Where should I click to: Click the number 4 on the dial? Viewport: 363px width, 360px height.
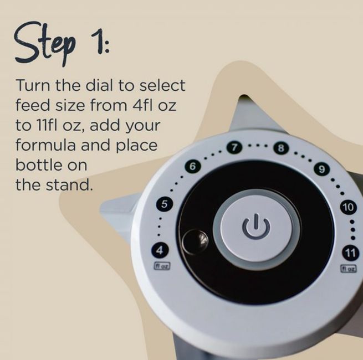click(160, 250)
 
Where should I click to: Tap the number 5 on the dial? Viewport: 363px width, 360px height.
click(164, 204)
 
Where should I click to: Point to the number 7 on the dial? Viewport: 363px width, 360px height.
click(234, 147)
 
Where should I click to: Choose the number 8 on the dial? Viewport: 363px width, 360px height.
click(281, 148)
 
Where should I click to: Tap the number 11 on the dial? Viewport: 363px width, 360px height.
click(350, 253)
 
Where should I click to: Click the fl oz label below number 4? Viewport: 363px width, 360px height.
click(162, 266)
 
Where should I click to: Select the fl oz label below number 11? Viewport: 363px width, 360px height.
click(348, 269)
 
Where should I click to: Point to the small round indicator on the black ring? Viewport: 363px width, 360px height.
click(195, 242)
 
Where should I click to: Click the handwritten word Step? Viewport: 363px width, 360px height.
click(45, 44)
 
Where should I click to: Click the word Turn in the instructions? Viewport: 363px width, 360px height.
click(33, 85)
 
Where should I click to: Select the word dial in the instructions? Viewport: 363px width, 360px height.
click(100, 85)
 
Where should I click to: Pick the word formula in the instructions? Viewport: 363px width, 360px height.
click(45, 145)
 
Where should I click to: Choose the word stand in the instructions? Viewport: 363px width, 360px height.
click(69, 185)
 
